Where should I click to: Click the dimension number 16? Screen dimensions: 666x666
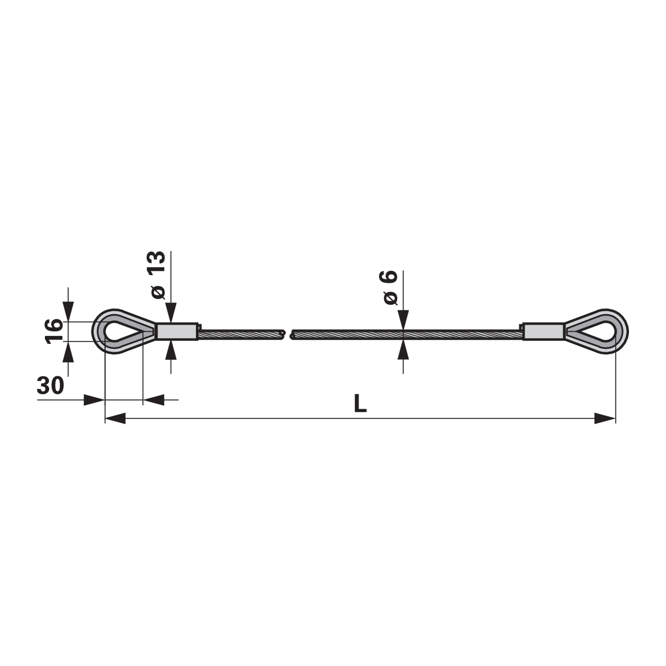[54, 331]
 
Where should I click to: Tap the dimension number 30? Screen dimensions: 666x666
[50, 385]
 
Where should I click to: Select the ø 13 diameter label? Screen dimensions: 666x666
[158, 275]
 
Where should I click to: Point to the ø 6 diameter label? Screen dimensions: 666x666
[390, 288]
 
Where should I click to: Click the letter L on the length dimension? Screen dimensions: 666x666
[360, 403]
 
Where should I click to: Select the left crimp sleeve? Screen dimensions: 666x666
[177, 332]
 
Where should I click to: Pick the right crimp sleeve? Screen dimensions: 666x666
[544, 332]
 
